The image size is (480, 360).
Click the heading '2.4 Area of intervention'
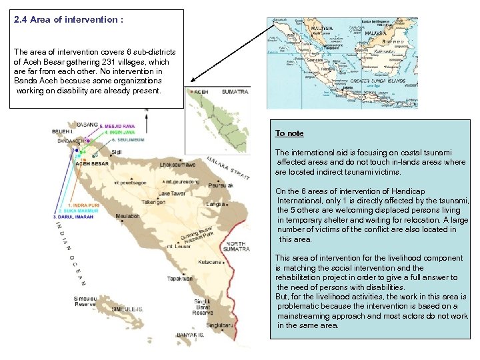click(69, 20)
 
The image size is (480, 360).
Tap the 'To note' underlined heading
click(289, 133)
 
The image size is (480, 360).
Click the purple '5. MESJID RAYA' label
click(118, 125)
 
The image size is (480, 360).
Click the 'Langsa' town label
click(214, 203)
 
